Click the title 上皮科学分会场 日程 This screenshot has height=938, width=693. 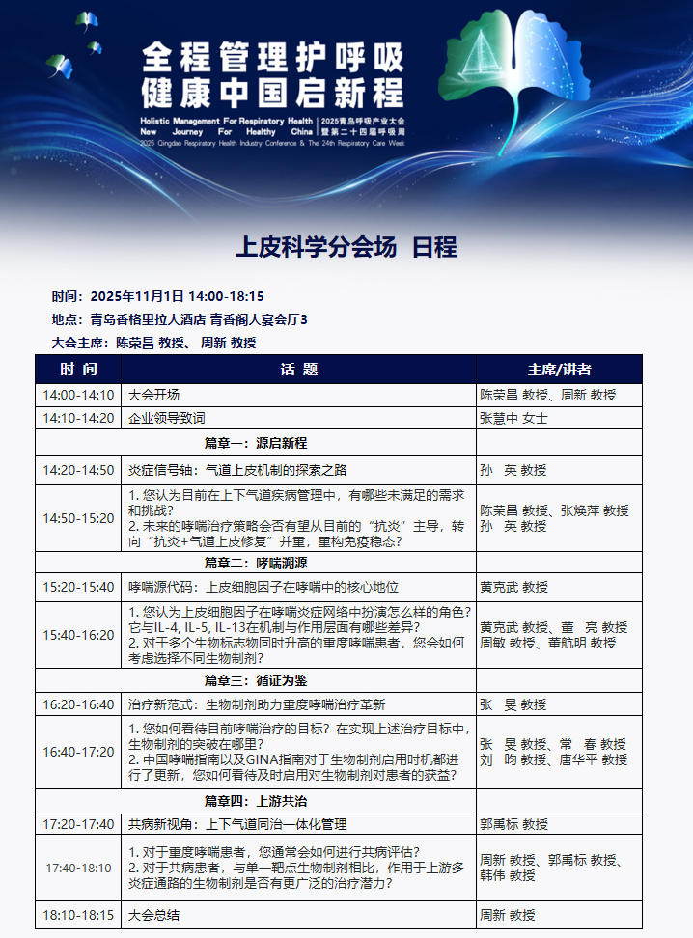pos(346,247)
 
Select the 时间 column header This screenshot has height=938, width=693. pos(78,370)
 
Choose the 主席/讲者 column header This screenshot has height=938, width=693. pos(559,370)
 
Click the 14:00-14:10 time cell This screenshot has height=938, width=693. pos(78,395)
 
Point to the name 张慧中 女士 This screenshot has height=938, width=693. pos(513,419)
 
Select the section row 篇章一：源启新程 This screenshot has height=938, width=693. pos(256,444)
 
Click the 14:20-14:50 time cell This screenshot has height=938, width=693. pos(78,470)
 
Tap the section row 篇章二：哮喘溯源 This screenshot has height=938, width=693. pos(256,563)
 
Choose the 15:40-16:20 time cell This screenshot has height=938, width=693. pos(78,635)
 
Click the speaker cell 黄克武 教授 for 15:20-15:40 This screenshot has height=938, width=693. pos(513,587)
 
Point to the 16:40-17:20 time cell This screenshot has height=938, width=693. pos(78,752)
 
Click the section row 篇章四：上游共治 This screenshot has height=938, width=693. pos(256,801)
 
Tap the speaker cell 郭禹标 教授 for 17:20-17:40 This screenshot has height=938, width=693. pos(513,824)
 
